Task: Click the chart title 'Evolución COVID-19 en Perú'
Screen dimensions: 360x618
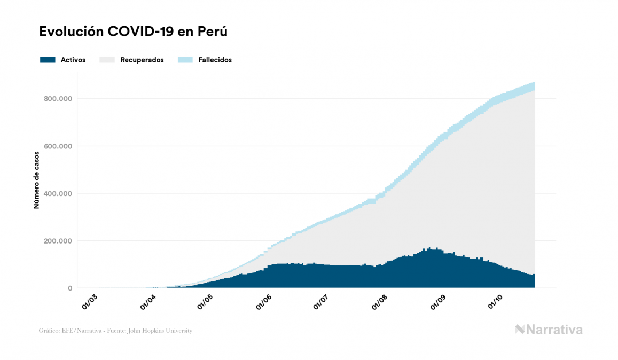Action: [x=134, y=32]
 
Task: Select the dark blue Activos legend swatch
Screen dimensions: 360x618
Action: [x=48, y=60]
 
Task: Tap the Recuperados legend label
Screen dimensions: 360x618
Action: [x=142, y=60]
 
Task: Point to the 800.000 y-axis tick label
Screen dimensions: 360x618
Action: [x=57, y=99]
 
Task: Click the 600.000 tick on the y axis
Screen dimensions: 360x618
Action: [x=57, y=146]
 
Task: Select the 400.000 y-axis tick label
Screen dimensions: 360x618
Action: [x=57, y=193]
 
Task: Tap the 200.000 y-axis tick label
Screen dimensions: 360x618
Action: [x=57, y=241]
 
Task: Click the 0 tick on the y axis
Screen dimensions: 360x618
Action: [x=70, y=288]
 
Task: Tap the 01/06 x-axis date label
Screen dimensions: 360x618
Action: [x=264, y=301]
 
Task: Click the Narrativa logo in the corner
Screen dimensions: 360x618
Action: [x=549, y=330]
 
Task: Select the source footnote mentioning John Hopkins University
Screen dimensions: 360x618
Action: [x=115, y=331]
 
